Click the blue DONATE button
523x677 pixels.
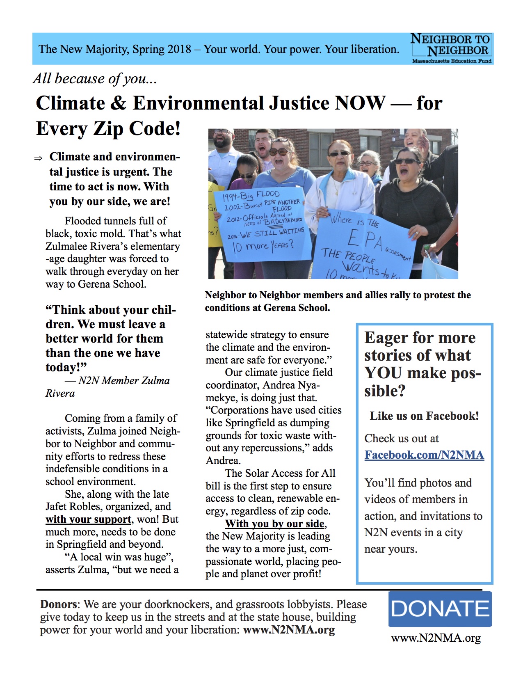[440, 608]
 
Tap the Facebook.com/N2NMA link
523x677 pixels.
[424, 455]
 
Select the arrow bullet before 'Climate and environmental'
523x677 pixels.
[38, 158]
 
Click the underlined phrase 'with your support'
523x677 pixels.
[88, 519]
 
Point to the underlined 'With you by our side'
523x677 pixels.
[275, 524]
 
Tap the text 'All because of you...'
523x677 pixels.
[95, 78]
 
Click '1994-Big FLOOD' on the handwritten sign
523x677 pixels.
[251, 196]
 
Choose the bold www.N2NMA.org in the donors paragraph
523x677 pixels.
[289, 630]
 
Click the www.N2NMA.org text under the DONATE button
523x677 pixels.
[436, 638]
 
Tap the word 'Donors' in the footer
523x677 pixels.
[58, 604]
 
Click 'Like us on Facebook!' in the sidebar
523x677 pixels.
[424, 416]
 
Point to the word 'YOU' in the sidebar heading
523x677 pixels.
[383, 373]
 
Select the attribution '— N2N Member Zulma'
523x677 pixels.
[117, 381]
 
